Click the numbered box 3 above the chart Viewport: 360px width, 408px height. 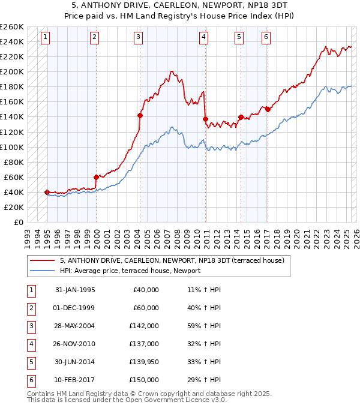tap(139, 37)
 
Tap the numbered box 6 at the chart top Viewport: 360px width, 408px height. tap(266, 37)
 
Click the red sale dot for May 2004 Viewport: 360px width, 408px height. tap(140, 115)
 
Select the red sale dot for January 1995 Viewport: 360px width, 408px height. tap(47, 192)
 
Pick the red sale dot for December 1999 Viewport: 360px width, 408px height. tap(96, 177)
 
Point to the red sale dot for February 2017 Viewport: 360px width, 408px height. tap(268, 109)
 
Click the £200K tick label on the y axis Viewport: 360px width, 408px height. tap(12, 71)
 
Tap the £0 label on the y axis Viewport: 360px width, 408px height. tap(18, 222)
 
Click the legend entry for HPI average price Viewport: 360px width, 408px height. tap(130, 271)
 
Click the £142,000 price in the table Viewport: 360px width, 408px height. tap(145, 326)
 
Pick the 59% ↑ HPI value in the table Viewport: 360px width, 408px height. tap(204, 326)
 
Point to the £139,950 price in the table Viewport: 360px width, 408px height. tap(145, 362)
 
